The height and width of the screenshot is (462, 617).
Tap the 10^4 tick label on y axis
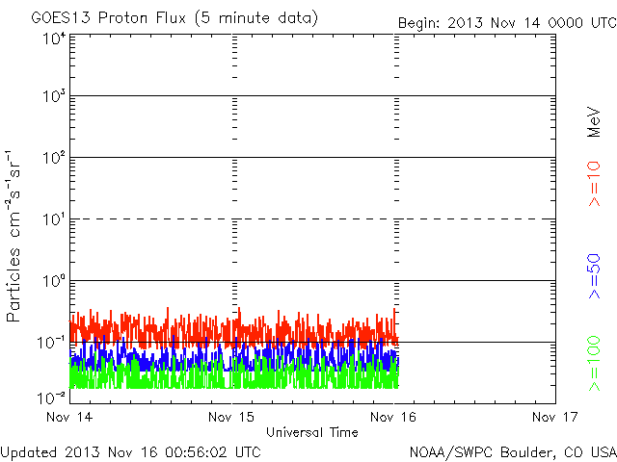click(53, 38)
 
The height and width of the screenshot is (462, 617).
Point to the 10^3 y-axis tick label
click(53, 97)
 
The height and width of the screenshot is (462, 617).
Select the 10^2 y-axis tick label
click(53, 159)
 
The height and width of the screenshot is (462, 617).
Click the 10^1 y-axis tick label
click(53, 220)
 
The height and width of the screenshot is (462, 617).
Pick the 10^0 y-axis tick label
click(53, 282)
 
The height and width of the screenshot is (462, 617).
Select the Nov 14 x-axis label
click(70, 417)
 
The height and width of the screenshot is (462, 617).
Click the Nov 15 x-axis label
click(232, 417)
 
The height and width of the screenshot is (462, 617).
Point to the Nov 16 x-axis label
click(394, 417)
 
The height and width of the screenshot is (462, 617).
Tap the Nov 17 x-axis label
click(555, 417)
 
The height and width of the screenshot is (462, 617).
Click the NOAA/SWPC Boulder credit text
click(512, 450)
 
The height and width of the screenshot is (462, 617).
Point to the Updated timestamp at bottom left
click(130, 450)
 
